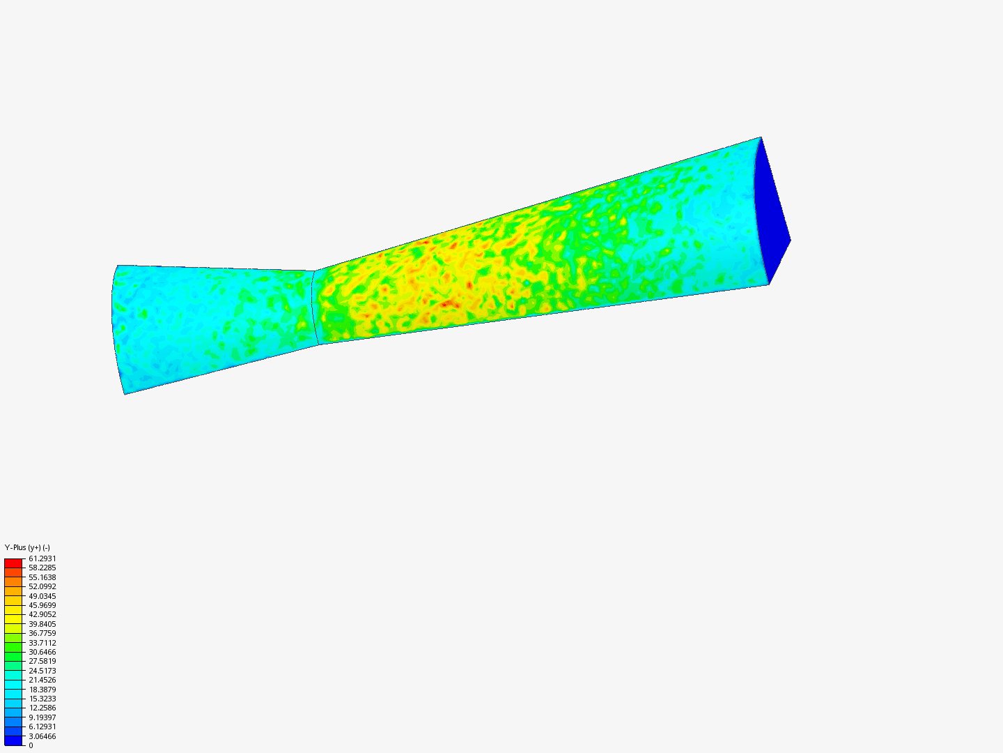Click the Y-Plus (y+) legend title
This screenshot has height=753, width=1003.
[27, 547]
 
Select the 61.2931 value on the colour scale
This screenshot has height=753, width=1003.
[42, 558]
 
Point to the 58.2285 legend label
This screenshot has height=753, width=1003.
[42, 568]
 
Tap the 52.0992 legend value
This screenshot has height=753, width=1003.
[42, 586]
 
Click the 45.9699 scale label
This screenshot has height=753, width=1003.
[42, 605]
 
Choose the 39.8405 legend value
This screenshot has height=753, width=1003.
[42, 624]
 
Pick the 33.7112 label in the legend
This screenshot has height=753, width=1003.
[42, 643]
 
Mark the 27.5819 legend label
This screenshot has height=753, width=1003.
[42, 661]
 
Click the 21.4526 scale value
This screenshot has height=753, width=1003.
[42, 680]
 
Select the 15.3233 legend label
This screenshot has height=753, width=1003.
[42, 699]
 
